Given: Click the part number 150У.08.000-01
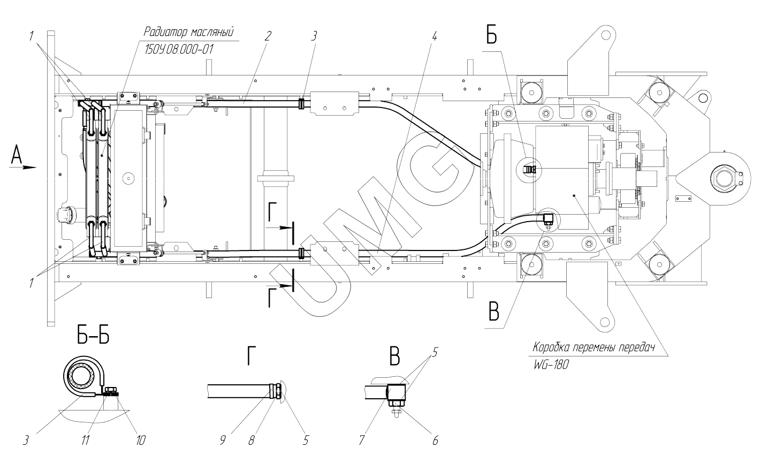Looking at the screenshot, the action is tap(179, 50).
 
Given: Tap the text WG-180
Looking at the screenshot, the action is tap(551, 365).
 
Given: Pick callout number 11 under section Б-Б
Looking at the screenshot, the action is tap(85, 440).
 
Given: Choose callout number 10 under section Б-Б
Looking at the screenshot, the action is tap(140, 440).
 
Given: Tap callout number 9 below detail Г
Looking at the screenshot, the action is tap(223, 440).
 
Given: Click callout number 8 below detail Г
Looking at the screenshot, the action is tap(251, 440).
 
